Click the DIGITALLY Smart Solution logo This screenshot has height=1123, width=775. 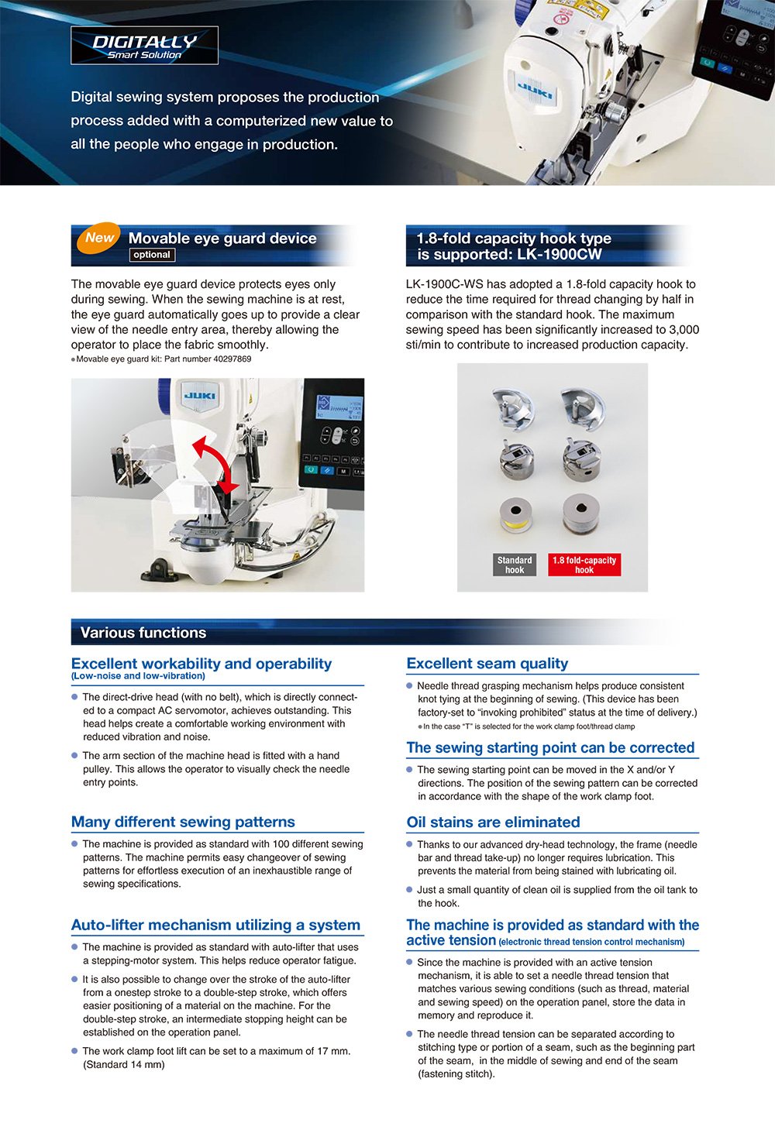(x=144, y=46)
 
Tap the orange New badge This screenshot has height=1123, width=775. (x=99, y=239)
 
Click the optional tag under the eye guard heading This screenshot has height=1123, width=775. (x=152, y=255)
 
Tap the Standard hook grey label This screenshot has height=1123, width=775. (x=515, y=565)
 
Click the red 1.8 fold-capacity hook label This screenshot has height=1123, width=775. (x=584, y=565)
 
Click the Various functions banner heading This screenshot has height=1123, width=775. (x=143, y=633)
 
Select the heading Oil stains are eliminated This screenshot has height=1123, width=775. (x=493, y=823)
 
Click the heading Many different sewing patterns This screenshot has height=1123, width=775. (x=183, y=823)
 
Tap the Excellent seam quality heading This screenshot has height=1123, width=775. (x=487, y=664)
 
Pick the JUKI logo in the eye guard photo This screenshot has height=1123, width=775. (x=199, y=396)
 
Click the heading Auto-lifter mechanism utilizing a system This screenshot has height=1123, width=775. (x=215, y=926)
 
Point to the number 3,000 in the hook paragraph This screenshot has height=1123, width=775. (x=684, y=330)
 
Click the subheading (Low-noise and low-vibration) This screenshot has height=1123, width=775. (x=138, y=676)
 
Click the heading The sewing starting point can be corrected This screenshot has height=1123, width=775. (x=550, y=748)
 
